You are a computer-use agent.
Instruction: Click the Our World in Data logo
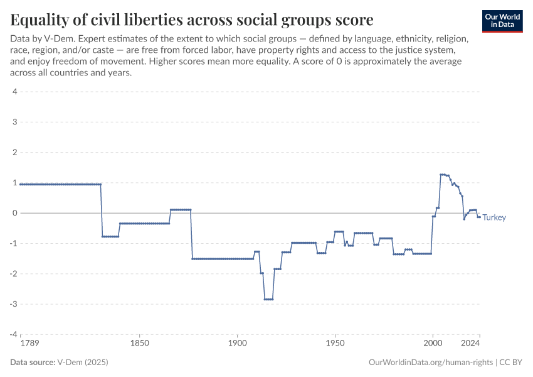pos(502,21)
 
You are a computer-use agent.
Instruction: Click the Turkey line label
pos(494,217)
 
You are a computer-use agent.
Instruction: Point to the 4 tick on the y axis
pos(14,92)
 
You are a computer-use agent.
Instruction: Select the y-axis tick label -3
pos(13,303)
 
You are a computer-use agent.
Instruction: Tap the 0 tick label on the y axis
pos(14,213)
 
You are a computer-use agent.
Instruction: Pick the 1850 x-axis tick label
pos(139,344)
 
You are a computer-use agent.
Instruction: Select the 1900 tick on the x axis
pos(237,344)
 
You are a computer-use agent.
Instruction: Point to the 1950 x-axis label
pos(335,344)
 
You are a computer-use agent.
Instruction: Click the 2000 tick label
pos(433,344)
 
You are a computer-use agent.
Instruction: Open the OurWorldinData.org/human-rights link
pos(430,363)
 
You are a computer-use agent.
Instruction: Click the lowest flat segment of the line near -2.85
pos(268,299)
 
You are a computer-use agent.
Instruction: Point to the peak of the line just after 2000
pos(443,174)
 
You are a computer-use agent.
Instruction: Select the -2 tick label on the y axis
pos(13,273)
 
